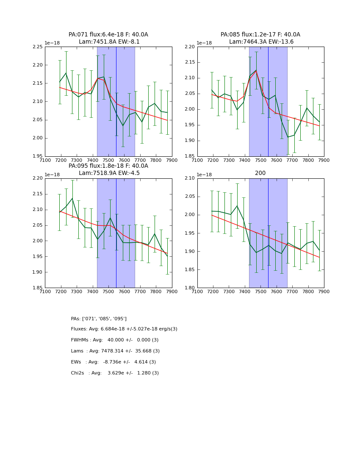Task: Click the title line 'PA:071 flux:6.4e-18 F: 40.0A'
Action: point(108,35)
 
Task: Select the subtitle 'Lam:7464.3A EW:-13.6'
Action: point(261,42)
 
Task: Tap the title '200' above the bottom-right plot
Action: point(260,173)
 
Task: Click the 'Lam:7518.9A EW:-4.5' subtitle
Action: point(109,173)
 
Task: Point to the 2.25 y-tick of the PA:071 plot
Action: point(38,47)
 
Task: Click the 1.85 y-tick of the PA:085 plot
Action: point(190,156)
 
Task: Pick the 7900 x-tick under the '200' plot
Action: point(324,291)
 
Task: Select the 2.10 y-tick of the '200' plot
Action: point(190,178)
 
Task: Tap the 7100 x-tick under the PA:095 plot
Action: point(45,291)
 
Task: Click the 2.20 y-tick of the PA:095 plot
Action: point(38,178)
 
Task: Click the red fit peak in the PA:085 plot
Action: point(256,71)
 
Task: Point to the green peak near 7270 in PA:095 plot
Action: point(72,198)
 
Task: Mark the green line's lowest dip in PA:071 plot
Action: point(123,125)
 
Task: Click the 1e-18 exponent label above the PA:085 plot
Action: point(204,43)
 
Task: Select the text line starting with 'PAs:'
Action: point(99,319)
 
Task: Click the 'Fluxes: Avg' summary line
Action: point(124,329)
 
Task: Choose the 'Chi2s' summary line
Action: point(115,373)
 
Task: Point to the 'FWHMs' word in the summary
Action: point(79,340)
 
